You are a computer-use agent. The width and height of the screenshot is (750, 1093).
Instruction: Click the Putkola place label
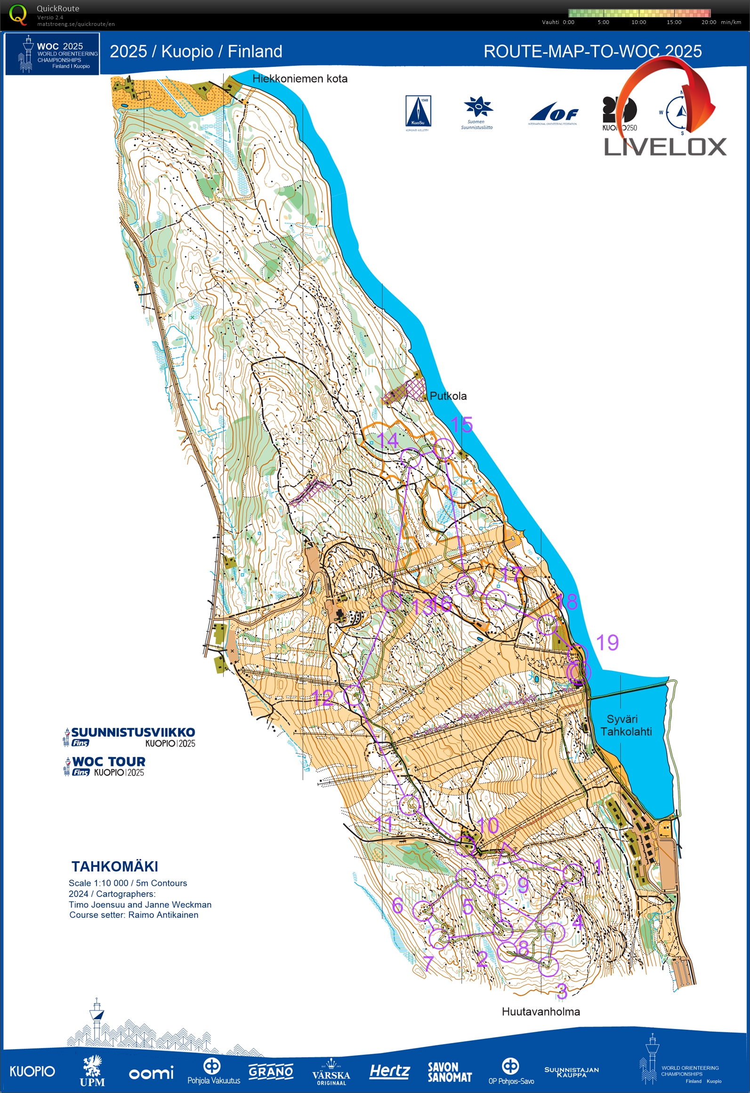pyautogui.click(x=448, y=396)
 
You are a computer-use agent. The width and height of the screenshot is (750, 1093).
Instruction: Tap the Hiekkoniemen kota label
pyautogui.click(x=300, y=79)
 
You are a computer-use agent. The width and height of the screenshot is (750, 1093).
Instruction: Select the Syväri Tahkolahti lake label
pyautogui.click(x=626, y=725)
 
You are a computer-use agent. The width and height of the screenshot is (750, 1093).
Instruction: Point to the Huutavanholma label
pyautogui.click(x=540, y=1011)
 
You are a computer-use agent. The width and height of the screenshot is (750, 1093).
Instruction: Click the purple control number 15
pyautogui.click(x=461, y=425)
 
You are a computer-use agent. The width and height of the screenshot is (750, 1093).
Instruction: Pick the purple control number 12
pyautogui.click(x=323, y=698)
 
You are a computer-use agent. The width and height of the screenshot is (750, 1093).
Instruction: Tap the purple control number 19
pyautogui.click(x=607, y=643)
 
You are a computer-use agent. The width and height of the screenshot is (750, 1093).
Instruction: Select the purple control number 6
pyautogui.click(x=397, y=905)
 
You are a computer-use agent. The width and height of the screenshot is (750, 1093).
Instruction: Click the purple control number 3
pyautogui.click(x=562, y=991)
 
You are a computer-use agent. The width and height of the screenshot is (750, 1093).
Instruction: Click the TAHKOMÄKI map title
pyautogui.click(x=115, y=866)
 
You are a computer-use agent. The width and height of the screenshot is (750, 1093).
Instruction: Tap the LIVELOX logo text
pyautogui.click(x=665, y=147)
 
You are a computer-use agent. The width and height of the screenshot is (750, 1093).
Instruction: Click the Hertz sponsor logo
pyautogui.click(x=389, y=1071)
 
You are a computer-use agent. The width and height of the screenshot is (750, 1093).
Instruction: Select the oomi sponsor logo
pyautogui.click(x=151, y=1073)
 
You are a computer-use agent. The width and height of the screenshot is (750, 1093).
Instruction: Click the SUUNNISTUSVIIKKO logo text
pyautogui.click(x=133, y=732)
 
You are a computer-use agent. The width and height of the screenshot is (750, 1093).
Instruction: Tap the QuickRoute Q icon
pyautogui.click(x=18, y=14)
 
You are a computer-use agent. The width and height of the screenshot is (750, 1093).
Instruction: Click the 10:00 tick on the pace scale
pyautogui.click(x=638, y=22)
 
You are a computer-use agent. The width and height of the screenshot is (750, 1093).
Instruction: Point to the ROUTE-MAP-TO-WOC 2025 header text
pyautogui.click(x=592, y=51)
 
